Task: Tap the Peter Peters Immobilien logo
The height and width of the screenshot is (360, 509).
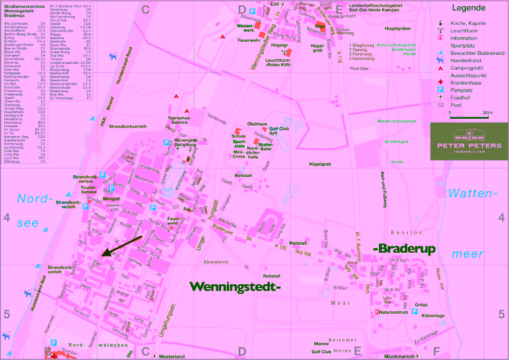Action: point(469,141)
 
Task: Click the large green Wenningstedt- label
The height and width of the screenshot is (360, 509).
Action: point(235,287)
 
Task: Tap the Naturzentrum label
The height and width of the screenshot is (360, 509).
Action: point(392,312)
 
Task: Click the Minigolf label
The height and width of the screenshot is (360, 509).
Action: point(111,199)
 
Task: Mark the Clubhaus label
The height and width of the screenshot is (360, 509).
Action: point(257,123)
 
